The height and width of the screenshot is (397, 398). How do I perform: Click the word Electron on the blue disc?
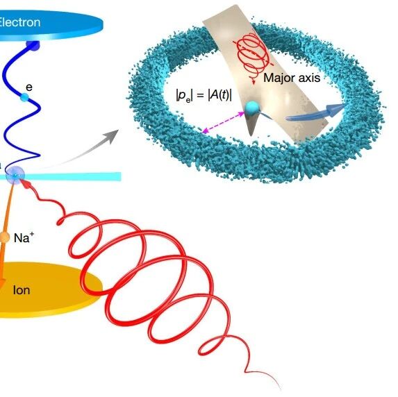19,22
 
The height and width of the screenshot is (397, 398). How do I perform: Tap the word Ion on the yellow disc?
22,290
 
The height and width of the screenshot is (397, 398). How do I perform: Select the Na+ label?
24,237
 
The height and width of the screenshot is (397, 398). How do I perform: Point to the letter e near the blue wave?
29,87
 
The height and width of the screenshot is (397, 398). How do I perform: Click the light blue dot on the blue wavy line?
24,97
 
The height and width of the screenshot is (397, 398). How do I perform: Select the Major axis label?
292,78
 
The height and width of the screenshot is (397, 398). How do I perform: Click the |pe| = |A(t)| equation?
204,96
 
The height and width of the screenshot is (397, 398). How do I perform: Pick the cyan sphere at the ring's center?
252,108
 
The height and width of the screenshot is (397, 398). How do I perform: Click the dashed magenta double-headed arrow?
224,123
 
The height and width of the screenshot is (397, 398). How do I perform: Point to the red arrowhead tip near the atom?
22,180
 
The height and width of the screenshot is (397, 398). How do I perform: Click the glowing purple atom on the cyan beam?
15,175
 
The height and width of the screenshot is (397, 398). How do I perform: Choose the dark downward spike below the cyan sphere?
251,124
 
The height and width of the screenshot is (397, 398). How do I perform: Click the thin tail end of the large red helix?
280,389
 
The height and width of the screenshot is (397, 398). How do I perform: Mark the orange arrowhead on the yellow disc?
1,282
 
